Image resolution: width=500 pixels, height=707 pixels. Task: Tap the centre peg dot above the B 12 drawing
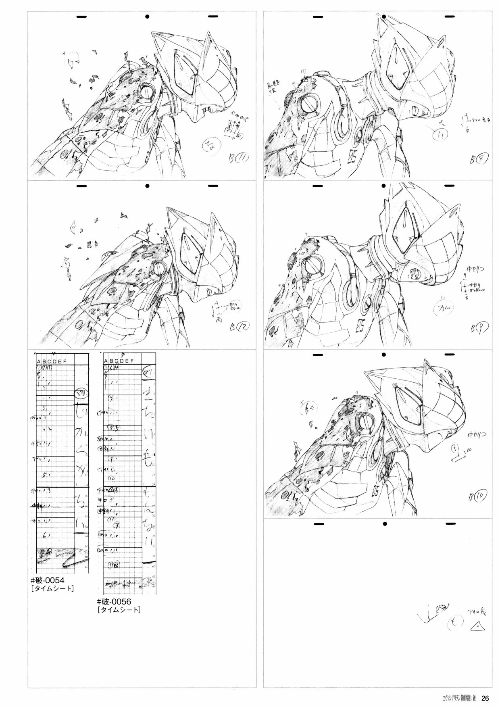(x=148, y=186)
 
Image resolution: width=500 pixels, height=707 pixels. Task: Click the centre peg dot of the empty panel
(x=385, y=524)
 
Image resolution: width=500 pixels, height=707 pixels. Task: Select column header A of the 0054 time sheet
(x=39, y=362)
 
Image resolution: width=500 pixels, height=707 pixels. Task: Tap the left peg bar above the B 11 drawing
(x=82, y=17)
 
